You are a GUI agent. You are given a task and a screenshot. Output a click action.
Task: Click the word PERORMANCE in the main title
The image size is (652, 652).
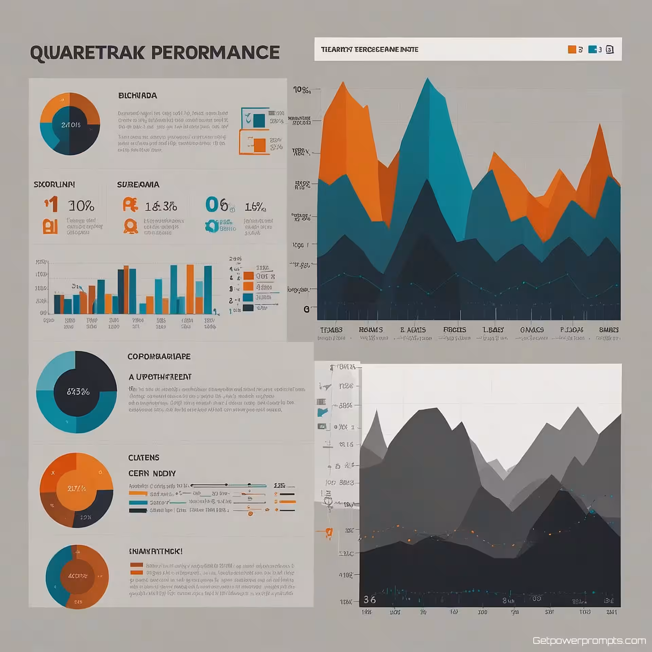click(x=215, y=53)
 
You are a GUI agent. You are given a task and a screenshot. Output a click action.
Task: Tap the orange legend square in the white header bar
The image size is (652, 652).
click(x=572, y=50)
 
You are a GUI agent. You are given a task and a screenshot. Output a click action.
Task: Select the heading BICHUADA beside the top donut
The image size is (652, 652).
click(x=138, y=96)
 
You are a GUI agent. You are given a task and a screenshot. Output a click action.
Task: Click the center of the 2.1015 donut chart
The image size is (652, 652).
click(x=71, y=125)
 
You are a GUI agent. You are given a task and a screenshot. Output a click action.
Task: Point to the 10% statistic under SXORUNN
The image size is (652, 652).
click(x=81, y=206)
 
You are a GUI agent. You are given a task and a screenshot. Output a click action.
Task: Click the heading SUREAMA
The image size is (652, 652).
click(x=138, y=185)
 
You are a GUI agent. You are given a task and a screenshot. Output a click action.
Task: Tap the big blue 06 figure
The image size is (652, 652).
click(x=217, y=204)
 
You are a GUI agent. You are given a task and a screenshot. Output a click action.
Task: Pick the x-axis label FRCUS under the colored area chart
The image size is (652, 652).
click(x=454, y=330)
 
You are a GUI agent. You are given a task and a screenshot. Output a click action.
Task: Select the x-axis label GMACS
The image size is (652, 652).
click(x=532, y=330)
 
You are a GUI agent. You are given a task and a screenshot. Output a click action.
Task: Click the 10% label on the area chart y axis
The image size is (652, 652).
click(x=302, y=90)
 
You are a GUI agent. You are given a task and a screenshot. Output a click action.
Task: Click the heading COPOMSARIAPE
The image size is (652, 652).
click(x=159, y=357)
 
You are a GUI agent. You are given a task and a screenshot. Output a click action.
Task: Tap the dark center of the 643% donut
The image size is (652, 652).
click(x=78, y=392)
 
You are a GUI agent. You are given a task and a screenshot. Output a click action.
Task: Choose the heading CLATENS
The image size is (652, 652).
click(x=144, y=458)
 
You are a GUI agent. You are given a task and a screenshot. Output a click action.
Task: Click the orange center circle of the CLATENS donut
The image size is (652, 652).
click(x=77, y=489)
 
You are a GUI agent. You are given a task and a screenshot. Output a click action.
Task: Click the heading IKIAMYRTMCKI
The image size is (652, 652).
click(x=156, y=551)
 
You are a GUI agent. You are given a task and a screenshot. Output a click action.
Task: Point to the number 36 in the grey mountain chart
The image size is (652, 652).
click(x=369, y=600)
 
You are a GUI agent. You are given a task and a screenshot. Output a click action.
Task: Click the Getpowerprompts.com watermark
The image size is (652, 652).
click(x=589, y=641)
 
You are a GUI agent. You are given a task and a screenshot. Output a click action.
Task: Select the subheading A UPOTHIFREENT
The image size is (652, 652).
click(x=160, y=377)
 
